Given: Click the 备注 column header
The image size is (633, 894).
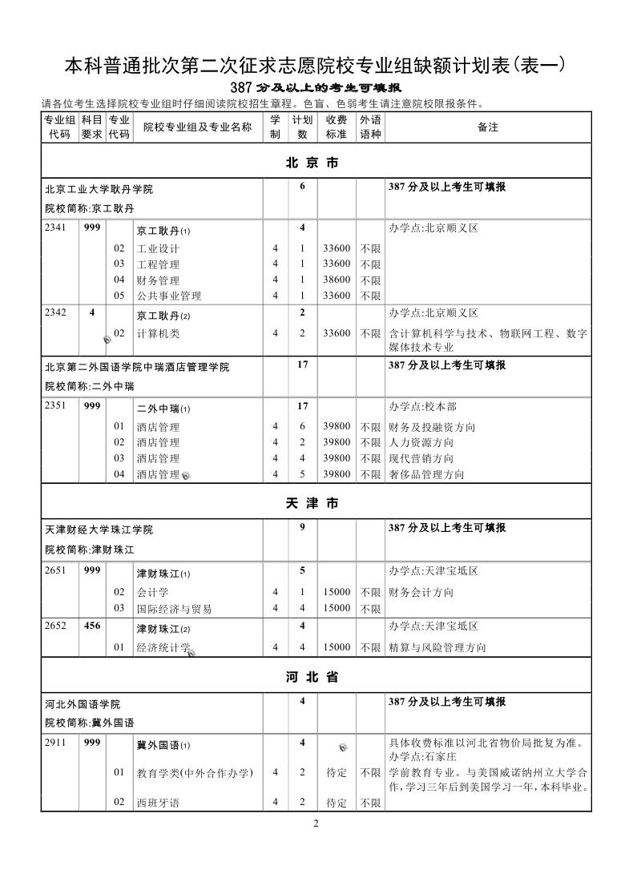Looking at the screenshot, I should [487, 127].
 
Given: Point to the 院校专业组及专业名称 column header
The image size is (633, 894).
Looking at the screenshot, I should [197, 127].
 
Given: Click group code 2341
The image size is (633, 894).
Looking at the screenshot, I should [57, 228].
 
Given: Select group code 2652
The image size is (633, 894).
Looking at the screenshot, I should [57, 626].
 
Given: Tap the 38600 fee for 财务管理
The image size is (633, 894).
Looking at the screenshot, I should [337, 280].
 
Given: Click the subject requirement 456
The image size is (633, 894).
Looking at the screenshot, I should [92, 626].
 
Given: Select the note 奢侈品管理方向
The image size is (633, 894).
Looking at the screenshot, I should [425, 474].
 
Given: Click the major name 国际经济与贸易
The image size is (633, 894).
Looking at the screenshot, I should [174, 609].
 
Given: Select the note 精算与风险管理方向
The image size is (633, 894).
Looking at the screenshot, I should [437, 647].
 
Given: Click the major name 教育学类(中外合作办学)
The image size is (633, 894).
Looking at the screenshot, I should [195, 773].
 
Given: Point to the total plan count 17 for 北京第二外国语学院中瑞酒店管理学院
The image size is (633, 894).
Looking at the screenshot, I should [303, 364].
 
